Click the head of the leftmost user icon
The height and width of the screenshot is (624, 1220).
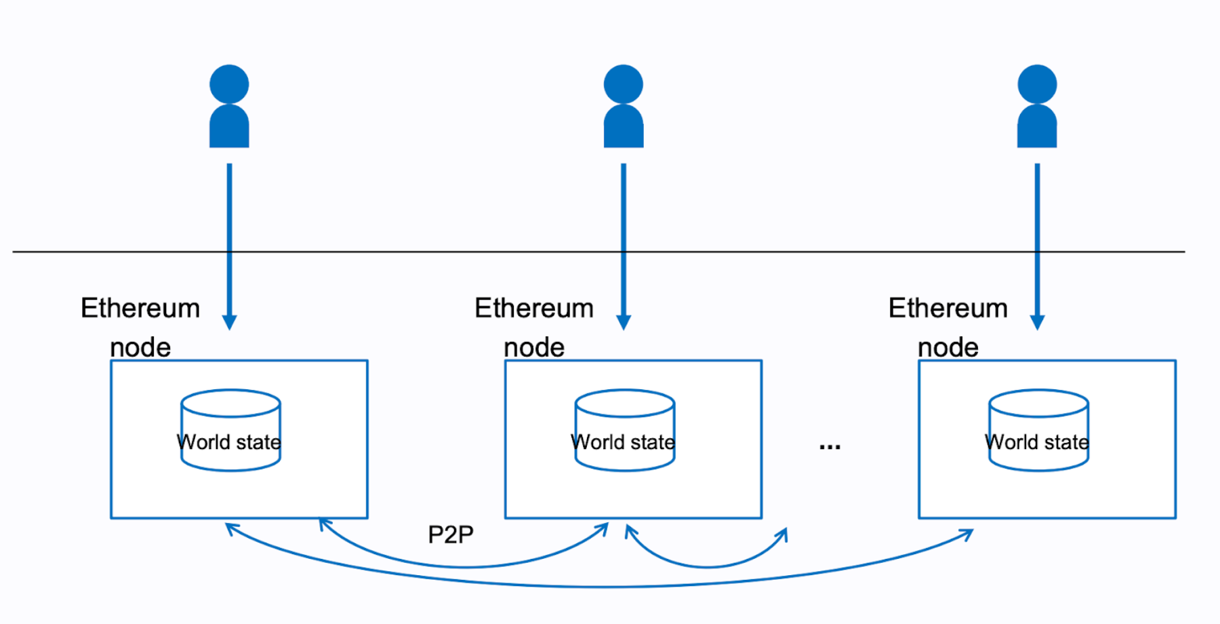click(229, 84)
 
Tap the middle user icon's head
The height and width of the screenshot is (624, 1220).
click(624, 84)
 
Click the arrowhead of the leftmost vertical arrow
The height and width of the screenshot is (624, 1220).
click(229, 321)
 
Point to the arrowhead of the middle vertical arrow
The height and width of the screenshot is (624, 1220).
click(624, 321)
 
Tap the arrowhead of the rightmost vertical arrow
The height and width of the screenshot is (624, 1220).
click(1037, 321)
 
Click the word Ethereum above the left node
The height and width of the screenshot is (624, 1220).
click(140, 309)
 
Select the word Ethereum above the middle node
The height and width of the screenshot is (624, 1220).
click(534, 309)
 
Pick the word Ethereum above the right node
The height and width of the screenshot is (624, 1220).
click(948, 309)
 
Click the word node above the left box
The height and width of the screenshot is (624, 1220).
click(140, 347)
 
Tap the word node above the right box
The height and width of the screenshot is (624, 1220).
click(948, 347)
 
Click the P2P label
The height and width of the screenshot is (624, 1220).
click(451, 535)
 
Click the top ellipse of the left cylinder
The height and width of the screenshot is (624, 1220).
click(230, 403)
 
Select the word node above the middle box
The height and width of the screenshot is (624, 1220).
click(534, 347)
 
